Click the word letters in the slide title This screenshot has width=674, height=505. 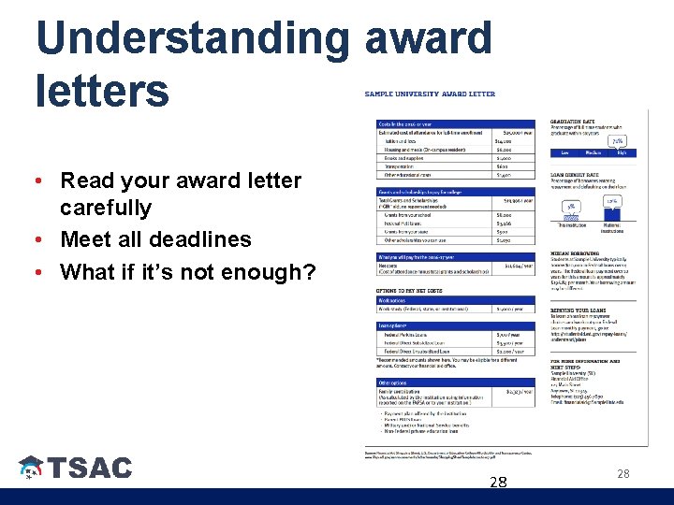pyautogui.click(x=102, y=91)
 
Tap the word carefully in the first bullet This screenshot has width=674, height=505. pyautogui.click(x=105, y=208)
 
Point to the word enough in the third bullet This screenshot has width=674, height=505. pyautogui.click(x=253, y=272)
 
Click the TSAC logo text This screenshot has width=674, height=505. pyautogui.click(x=90, y=468)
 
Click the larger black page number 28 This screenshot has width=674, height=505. pyautogui.click(x=498, y=483)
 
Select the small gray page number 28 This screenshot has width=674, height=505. pyautogui.click(x=623, y=474)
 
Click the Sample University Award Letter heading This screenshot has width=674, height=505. pyautogui.click(x=430, y=94)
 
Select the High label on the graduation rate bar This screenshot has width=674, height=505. pyautogui.click(x=621, y=152)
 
